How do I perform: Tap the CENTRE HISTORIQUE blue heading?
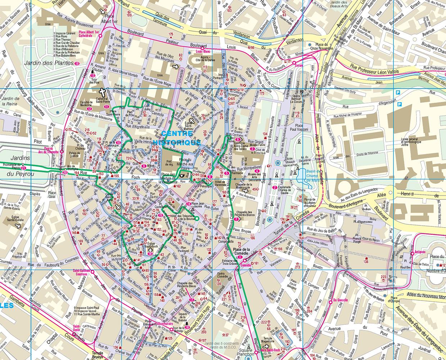coord(176,137)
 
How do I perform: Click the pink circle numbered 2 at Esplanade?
coord(275,188)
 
